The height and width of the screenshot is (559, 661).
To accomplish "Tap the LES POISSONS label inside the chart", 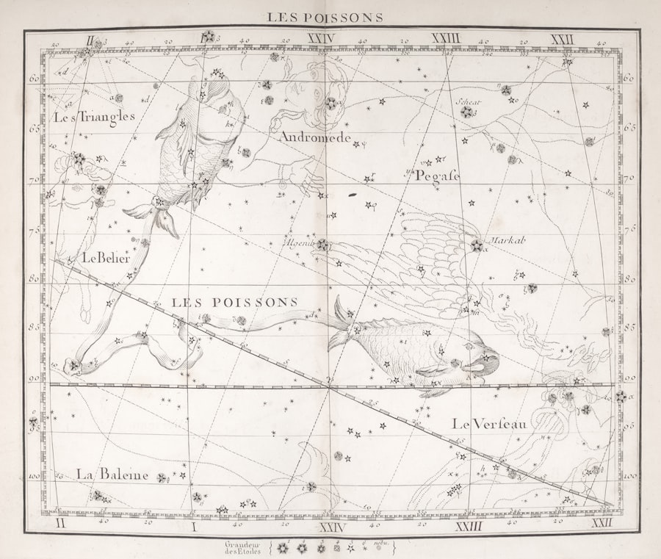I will pos(234,302).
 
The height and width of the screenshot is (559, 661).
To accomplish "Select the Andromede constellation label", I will pos(314,137).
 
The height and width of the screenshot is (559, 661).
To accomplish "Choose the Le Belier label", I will pos(106,258).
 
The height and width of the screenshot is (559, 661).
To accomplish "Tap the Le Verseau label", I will pos(489,424).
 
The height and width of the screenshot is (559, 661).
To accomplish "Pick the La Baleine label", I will pos(112,475).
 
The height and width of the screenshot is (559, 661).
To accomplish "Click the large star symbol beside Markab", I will pos(477,245).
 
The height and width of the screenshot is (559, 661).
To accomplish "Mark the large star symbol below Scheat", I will pos(466,112).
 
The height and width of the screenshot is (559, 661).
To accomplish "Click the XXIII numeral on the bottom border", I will pos(467,524).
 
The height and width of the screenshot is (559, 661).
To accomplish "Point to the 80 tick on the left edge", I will pos(35,279).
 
